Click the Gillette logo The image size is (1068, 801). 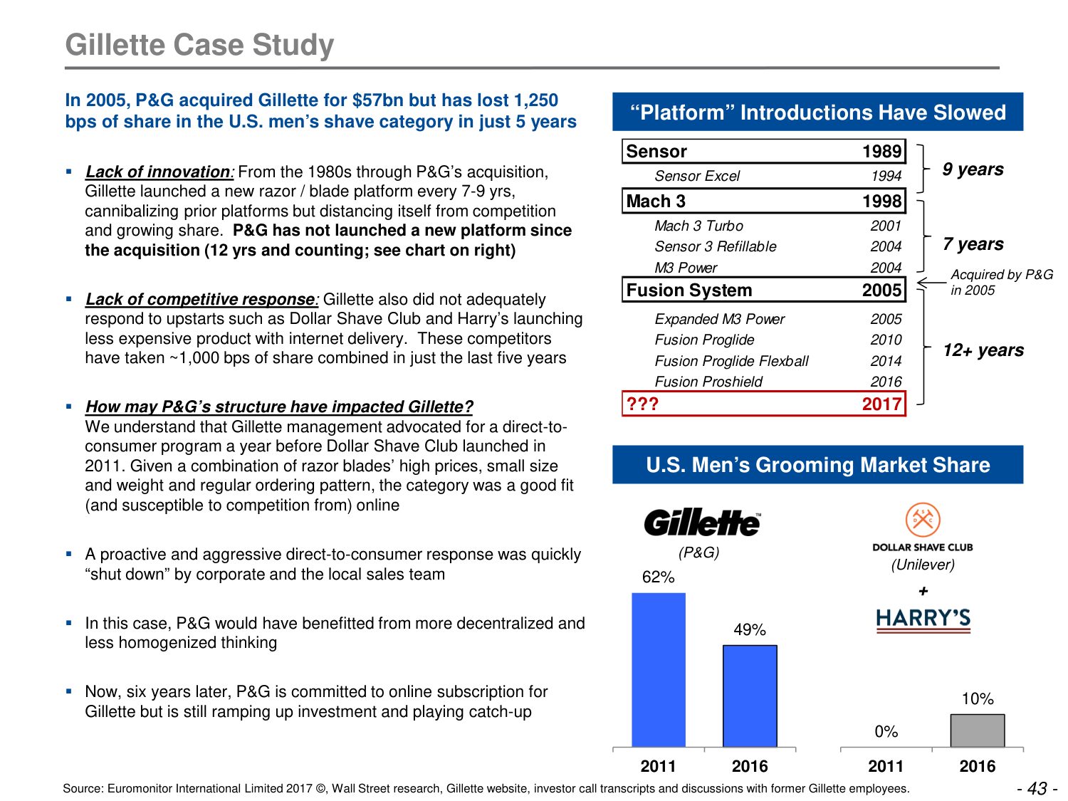pos(702,523)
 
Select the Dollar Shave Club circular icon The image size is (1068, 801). pos(923,520)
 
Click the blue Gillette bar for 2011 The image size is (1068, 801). pos(659,669)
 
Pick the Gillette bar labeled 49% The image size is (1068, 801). pos(750,696)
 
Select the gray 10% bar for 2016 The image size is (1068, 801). pos(978,731)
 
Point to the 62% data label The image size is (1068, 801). pos(658,577)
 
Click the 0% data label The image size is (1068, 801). pos(886,732)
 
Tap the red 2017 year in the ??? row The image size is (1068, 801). pos(881,404)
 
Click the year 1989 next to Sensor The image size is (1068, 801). pos(881,152)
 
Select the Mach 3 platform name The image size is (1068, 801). pos(656,201)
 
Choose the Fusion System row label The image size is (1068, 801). pos(689,290)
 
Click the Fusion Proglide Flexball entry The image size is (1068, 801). pos(731,361)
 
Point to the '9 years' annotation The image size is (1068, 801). pos(973,169)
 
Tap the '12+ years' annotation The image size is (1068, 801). pos(983,350)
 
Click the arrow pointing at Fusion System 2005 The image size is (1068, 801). pos(931,283)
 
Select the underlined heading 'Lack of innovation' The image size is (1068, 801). pos(158,172)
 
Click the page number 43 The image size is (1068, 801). pos(1037,788)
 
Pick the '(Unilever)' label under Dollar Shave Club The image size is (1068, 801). pos(923,565)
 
